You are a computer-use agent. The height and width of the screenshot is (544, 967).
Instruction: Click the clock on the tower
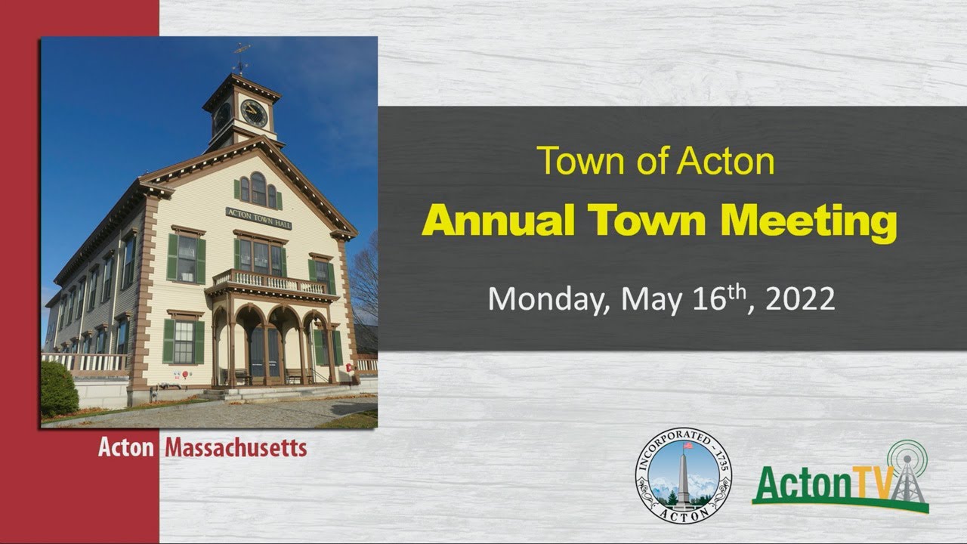pos(254,113)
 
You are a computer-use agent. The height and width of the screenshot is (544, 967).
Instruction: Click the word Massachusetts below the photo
pos(236,448)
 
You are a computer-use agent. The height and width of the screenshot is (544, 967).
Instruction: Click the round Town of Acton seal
pos(683,475)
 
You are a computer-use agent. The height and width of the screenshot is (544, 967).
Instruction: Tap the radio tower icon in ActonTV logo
pos(909,472)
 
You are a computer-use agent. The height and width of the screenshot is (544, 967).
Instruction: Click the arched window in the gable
pos(258,188)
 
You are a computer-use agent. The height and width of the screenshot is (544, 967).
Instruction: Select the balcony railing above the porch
pos(270,281)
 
